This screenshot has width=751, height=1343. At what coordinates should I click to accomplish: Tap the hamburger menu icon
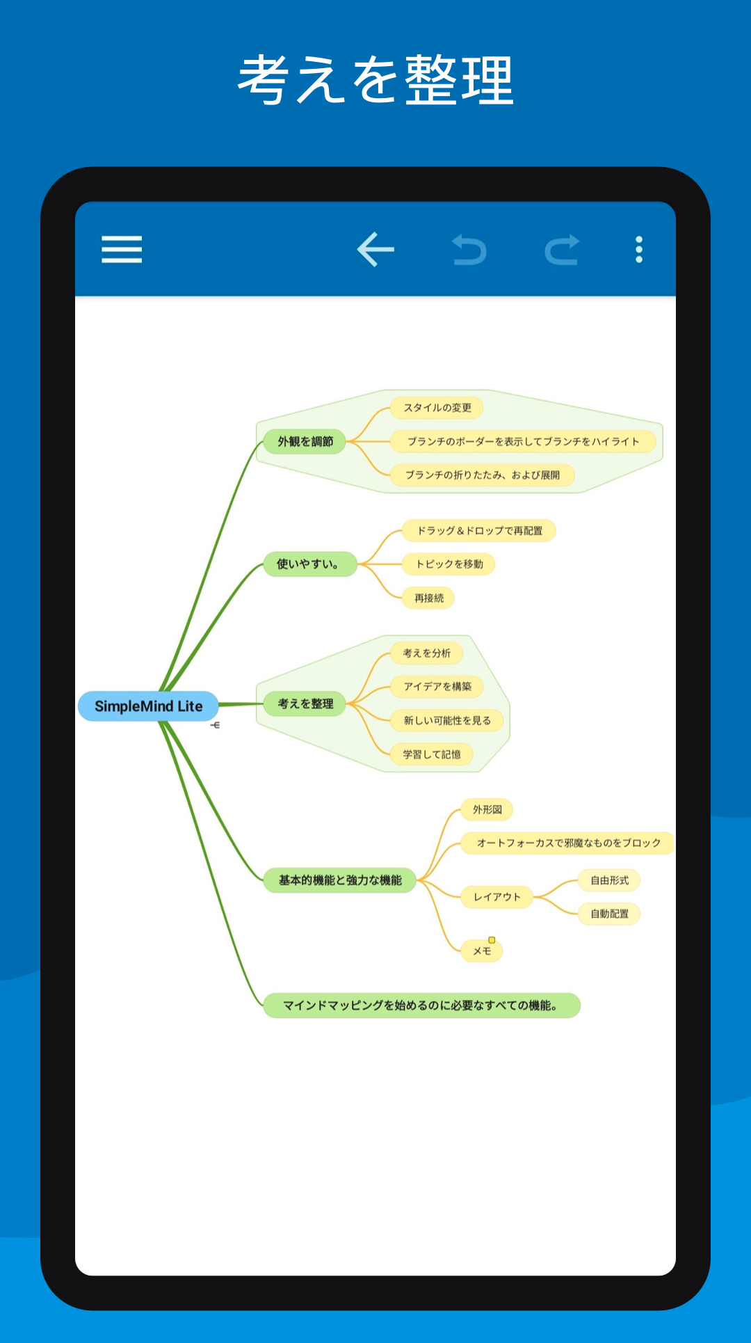(122, 249)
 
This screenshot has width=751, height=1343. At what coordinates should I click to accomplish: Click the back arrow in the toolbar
(375, 249)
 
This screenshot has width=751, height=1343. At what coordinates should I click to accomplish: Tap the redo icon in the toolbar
(562, 250)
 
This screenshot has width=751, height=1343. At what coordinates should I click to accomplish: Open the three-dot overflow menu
(639, 249)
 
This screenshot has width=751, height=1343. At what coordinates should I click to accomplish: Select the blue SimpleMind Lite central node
(148, 706)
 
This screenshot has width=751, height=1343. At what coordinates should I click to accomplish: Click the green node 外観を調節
(305, 441)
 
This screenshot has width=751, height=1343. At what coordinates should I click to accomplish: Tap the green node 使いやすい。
(309, 564)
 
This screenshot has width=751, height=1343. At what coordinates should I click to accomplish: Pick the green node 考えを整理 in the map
(305, 704)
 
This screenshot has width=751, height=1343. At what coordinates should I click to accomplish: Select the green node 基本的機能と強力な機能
(340, 880)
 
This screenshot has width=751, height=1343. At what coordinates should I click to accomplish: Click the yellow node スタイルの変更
(437, 408)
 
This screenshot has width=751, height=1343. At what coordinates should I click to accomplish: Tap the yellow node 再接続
(428, 598)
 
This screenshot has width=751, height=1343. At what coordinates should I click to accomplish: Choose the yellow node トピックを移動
(449, 564)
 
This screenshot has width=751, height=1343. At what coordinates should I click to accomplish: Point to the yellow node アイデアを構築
(437, 687)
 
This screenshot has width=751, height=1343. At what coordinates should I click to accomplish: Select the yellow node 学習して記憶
(432, 754)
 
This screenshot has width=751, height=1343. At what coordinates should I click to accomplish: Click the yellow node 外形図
(487, 809)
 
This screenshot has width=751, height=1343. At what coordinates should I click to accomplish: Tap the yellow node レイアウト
(497, 897)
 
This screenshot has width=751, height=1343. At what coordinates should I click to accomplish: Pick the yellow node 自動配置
(609, 914)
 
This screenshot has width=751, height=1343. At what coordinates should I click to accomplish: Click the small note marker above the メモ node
(492, 940)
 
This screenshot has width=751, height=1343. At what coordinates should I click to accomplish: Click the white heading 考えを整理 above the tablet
(375, 80)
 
